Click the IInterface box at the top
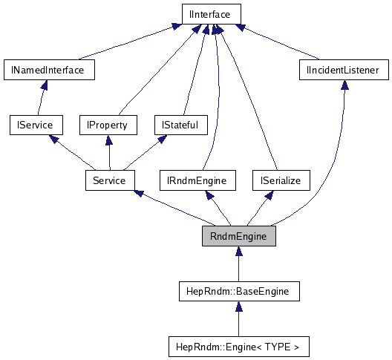(x=211, y=14)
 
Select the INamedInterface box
(x=48, y=70)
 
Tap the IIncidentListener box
(x=343, y=70)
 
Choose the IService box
(x=35, y=125)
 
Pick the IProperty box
(x=108, y=125)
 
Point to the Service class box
(x=109, y=180)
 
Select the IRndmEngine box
(x=197, y=180)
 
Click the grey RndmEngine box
(x=238, y=236)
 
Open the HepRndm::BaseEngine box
(x=238, y=292)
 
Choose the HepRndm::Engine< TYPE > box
(x=238, y=347)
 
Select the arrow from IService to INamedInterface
(x=41, y=97)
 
